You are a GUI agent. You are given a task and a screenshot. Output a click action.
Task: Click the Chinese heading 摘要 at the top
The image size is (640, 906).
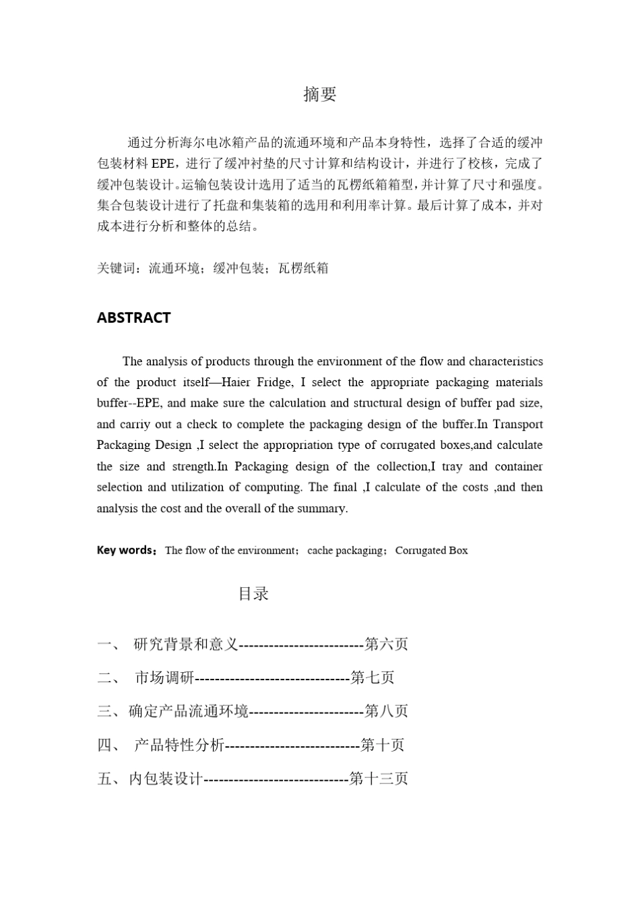click(319, 94)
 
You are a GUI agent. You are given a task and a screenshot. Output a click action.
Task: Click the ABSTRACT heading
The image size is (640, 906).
click(133, 318)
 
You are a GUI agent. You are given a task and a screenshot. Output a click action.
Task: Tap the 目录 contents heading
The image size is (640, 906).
click(254, 593)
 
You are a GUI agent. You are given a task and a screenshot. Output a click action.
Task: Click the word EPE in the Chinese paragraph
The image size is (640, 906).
click(162, 164)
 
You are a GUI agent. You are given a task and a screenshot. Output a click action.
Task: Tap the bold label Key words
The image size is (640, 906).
click(125, 550)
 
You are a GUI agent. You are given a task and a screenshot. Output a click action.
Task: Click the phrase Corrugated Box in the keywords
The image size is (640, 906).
click(431, 550)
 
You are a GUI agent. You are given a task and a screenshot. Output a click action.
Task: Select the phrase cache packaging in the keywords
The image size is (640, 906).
click(345, 550)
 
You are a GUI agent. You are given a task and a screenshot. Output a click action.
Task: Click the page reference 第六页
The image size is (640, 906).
click(386, 644)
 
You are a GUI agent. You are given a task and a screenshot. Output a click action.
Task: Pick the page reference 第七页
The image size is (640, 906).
click(373, 677)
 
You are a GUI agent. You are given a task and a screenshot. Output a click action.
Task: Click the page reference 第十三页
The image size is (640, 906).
click(379, 779)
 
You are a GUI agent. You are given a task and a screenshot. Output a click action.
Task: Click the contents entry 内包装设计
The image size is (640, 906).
click(165, 779)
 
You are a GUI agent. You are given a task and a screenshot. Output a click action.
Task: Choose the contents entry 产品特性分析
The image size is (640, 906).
click(179, 746)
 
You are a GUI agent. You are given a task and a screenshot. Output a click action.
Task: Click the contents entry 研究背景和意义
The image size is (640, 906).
click(186, 644)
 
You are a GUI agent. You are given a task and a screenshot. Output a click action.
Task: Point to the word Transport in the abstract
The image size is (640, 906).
click(517, 424)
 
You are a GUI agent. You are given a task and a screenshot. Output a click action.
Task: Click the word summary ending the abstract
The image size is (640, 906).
click(326, 508)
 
